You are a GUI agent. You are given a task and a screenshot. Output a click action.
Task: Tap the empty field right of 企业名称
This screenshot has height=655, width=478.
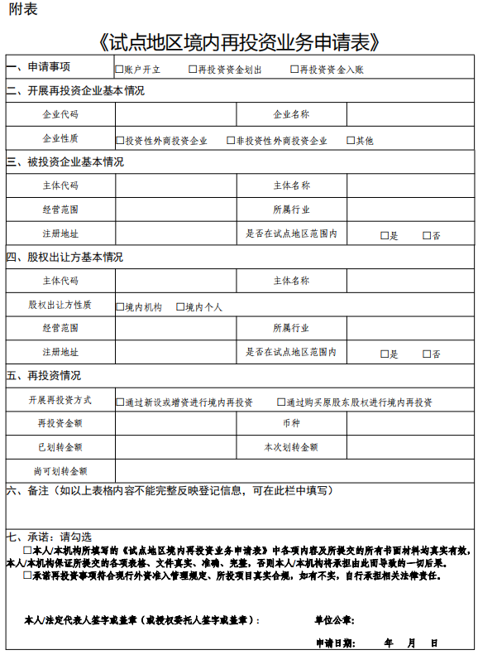tap(409, 114)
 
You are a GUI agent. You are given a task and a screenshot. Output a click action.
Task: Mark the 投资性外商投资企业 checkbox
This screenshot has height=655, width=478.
tap(120, 141)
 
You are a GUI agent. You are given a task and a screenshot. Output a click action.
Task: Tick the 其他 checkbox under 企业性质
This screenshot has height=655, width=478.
tap(351, 141)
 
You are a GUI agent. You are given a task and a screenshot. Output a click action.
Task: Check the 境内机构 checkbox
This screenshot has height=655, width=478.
tap(120, 307)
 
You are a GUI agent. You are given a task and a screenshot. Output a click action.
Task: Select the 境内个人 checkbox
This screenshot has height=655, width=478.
tap(180, 307)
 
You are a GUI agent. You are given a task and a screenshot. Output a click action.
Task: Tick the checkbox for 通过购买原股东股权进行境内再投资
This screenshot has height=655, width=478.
tap(281, 402)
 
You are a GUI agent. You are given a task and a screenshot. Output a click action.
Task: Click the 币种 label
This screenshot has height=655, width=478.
tap(291, 424)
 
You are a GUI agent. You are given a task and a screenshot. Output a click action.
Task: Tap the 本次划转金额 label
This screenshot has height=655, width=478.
tap(291, 447)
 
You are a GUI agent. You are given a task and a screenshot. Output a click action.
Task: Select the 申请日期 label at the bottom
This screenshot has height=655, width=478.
tap(334, 643)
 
